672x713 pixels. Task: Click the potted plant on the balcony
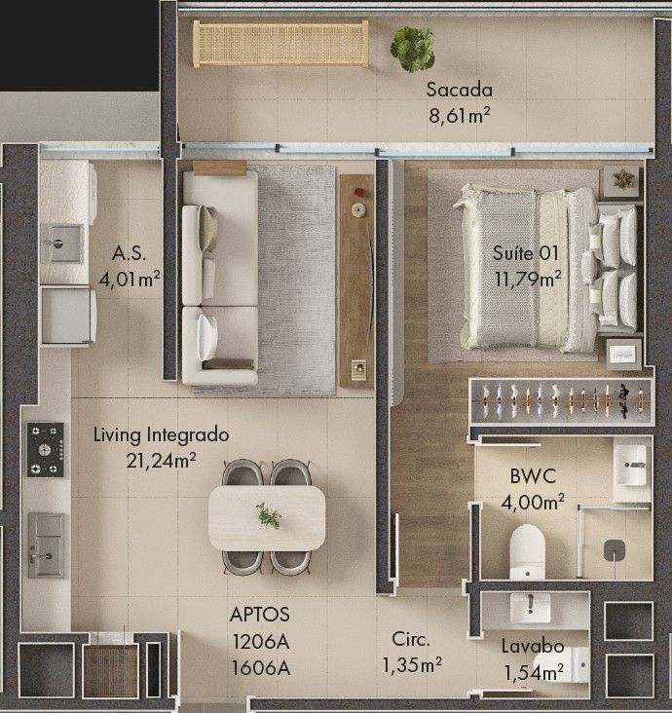coord(412,49)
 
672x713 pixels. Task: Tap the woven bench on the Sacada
coord(280,43)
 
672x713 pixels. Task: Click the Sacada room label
coord(460,90)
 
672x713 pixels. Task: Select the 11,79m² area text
coord(528,279)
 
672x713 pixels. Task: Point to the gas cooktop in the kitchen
coord(45,450)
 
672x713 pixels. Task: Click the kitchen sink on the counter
coord(47,545)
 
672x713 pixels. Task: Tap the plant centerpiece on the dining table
coord(268,515)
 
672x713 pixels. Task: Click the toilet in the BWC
coord(527,552)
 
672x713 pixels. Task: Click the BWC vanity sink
coord(632,466)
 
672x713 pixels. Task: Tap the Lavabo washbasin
coord(530,608)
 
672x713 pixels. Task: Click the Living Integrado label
coord(161,435)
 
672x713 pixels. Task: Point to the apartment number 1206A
coord(261,642)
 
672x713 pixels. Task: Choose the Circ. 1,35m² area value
coord(412,665)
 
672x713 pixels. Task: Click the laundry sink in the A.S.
coord(61,244)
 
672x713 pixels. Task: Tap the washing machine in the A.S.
coord(68,316)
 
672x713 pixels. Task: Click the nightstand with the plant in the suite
coord(621,181)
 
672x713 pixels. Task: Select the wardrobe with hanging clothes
coord(562,401)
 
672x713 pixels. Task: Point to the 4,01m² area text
coord(130,279)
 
